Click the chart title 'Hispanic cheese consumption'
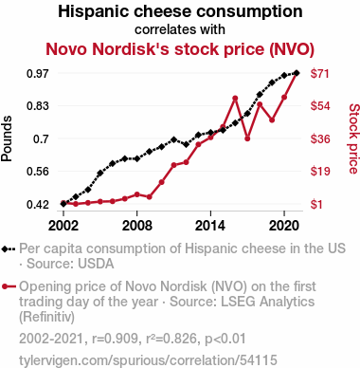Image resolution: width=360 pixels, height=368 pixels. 180,11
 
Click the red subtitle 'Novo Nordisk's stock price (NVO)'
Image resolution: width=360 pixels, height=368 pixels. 180,49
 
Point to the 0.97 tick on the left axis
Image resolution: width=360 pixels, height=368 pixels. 38,74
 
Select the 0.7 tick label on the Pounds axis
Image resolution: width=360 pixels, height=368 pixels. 42,138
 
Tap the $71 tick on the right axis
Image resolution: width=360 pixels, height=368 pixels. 320,74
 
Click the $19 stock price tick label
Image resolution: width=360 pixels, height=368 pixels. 320,172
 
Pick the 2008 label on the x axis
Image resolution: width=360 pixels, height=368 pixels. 137,226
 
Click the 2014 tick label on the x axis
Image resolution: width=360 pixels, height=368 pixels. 210,226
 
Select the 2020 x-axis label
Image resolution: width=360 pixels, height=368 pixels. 284,226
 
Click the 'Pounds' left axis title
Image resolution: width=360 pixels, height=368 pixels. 7,138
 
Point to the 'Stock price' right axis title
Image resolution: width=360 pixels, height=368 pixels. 353,138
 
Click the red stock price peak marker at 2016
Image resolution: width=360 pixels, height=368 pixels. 235,99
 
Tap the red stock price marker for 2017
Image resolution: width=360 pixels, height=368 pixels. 247,138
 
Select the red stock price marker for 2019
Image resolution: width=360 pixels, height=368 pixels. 272,120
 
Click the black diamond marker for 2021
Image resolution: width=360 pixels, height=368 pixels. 297,73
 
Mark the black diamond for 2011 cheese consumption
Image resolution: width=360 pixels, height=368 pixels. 173,139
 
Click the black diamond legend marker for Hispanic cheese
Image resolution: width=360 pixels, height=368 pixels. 5,249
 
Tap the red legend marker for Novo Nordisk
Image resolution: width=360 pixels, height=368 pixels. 5,287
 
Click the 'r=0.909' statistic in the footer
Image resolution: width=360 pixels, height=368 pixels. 115,339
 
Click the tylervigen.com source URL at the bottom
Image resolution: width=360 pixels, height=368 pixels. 148,360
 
